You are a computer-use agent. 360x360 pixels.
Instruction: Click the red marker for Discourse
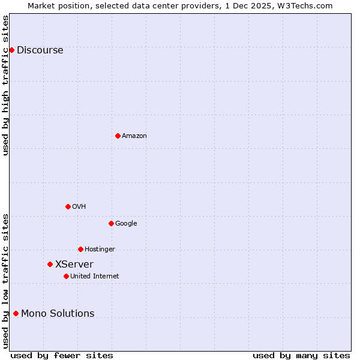tap(11, 50)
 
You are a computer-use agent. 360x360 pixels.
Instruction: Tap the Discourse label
tap(40, 50)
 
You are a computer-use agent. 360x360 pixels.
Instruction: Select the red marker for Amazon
tap(118, 136)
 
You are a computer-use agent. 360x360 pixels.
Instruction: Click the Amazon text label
tap(134, 136)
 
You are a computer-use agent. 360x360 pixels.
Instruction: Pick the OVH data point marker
tap(68, 206)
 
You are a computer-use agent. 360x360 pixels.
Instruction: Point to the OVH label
tap(79, 207)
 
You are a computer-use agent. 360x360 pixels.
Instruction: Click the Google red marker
tap(111, 223)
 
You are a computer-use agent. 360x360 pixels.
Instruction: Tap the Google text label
tap(126, 224)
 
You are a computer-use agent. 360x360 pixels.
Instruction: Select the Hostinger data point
tap(80, 249)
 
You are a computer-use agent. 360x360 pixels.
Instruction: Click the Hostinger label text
tap(100, 250)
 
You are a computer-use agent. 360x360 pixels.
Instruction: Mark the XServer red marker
tap(50, 264)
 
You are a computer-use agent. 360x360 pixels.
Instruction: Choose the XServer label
tap(74, 265)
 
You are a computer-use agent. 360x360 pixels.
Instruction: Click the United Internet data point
tap(66, 276)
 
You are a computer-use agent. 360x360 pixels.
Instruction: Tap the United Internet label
tap(94, 277)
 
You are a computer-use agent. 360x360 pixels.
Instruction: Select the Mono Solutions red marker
tap(16, 313)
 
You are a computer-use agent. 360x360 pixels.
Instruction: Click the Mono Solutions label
tap(58, 314)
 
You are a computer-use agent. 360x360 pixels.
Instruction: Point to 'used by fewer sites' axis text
tap(62, 355)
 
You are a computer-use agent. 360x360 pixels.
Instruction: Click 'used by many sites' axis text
tap(301, 355)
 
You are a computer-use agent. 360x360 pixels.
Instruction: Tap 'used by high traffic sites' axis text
tap(5, 85)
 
